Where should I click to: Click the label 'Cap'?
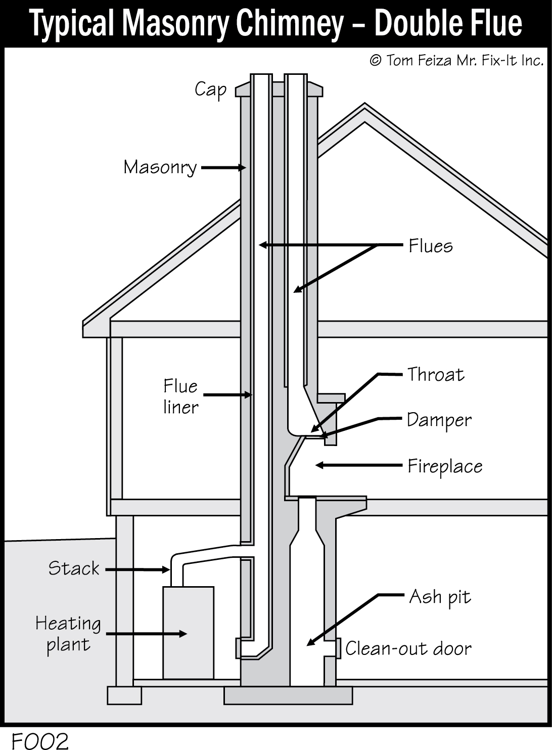pos(210,90)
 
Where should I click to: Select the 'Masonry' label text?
pos(160,167)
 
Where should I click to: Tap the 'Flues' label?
pos(431,246)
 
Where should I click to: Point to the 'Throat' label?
pos(436,375)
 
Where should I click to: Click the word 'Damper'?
pos(439,420)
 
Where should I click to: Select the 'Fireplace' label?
pos(445,466)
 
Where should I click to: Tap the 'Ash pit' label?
pos(440,597)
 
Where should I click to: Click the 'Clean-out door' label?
pos(408,648)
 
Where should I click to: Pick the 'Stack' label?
pos(74,568)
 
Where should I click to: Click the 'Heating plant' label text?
pos(68,634)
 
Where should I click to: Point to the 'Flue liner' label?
pos(180,397)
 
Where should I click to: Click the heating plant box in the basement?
pos(188,632)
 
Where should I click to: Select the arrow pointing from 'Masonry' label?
pos(223,167)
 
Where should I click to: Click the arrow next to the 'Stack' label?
pos(137,570)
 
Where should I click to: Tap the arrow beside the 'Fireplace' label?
pos(358,465)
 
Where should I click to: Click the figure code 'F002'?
pos(40,741)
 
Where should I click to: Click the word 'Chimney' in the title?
pos(283,24)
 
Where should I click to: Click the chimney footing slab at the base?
pos(288,695)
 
